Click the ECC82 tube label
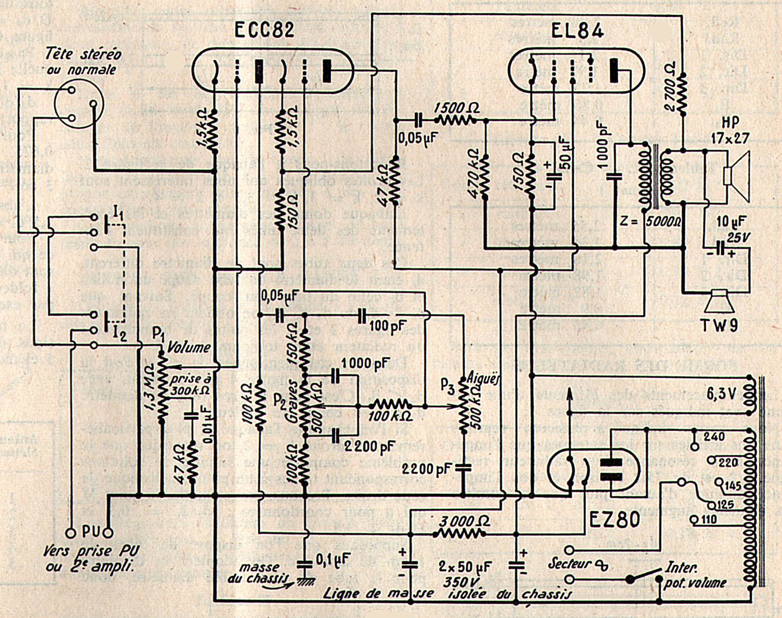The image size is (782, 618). tap(264, 30)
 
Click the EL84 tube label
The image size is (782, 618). tap(578, 31)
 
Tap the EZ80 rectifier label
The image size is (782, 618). tap(615, 520)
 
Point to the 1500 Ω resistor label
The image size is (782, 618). tap(457, 108)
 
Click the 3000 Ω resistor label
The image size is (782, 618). tap(464, 521)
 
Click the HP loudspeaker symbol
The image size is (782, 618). tap(736, 177)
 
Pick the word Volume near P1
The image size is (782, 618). tap(189, 347)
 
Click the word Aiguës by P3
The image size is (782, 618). tap(484, 379)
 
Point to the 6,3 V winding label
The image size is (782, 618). tap(721, 394)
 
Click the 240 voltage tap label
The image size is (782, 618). tap(714, 437)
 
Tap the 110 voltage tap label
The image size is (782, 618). tap(709, 519)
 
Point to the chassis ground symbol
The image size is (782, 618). tap(305, 581)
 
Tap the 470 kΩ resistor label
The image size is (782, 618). tap(473, 174)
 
